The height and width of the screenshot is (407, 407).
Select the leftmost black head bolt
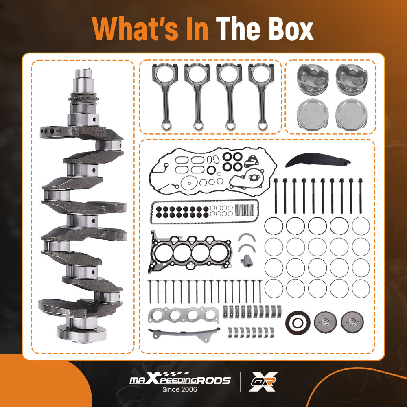click(276, 195)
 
